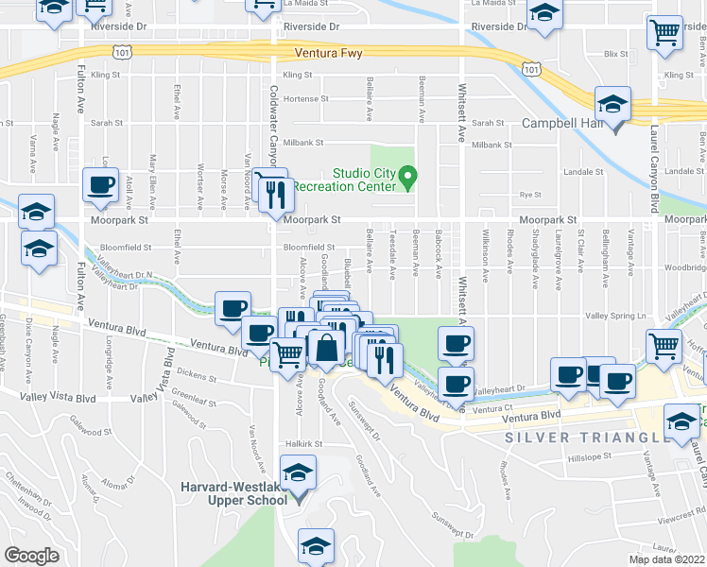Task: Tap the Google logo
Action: pos(32,555)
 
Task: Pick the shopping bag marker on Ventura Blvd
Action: pos(326,349)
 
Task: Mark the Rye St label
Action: pos(528,195)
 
